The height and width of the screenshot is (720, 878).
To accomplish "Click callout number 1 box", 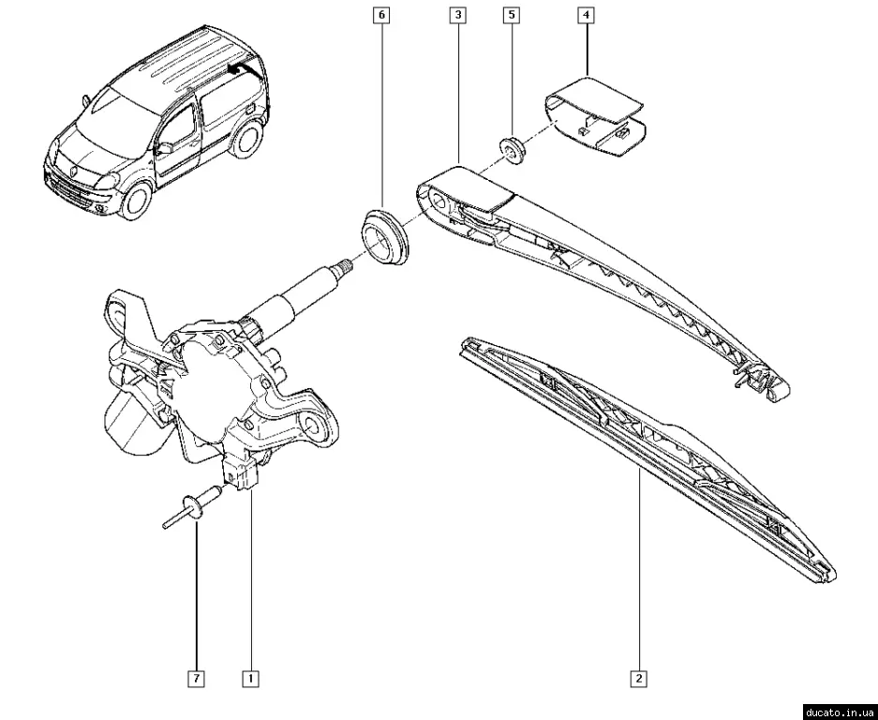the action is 250,679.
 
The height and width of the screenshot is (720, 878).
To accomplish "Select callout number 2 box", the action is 638,679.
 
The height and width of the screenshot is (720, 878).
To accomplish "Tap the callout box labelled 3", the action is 458,15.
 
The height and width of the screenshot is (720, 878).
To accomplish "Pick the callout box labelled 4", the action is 587,15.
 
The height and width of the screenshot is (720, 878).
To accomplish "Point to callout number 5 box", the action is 512,15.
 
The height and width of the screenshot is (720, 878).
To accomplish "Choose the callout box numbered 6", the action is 382,15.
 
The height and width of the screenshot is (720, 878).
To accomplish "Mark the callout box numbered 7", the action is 197,679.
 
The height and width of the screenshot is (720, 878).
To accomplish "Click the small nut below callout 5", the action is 512,149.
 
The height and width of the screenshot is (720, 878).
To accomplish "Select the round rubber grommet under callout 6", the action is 383,236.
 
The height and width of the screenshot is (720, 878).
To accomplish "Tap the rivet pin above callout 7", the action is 191,507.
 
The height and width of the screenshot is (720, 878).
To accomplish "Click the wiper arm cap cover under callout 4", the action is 596,116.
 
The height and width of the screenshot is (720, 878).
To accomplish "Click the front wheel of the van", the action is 136,200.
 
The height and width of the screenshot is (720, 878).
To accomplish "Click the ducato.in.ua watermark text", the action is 840,712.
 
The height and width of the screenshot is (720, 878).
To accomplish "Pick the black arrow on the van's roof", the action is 241,69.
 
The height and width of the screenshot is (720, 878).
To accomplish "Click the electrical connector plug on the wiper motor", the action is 241,472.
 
